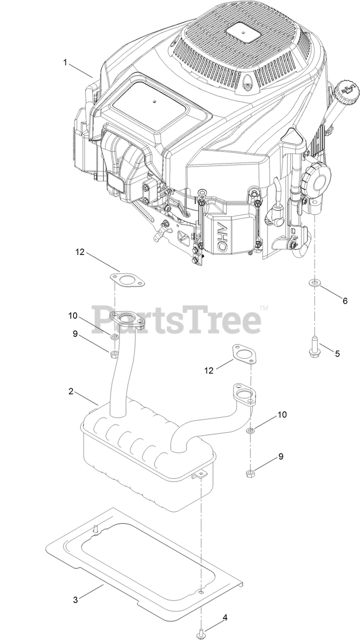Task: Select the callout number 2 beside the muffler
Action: pos(71,391)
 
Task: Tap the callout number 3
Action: pos(75,600)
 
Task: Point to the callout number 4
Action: pos(224,617)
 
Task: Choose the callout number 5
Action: pos(337,353)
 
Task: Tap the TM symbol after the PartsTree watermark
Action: pos(263,308)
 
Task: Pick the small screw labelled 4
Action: pos(200,631)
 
